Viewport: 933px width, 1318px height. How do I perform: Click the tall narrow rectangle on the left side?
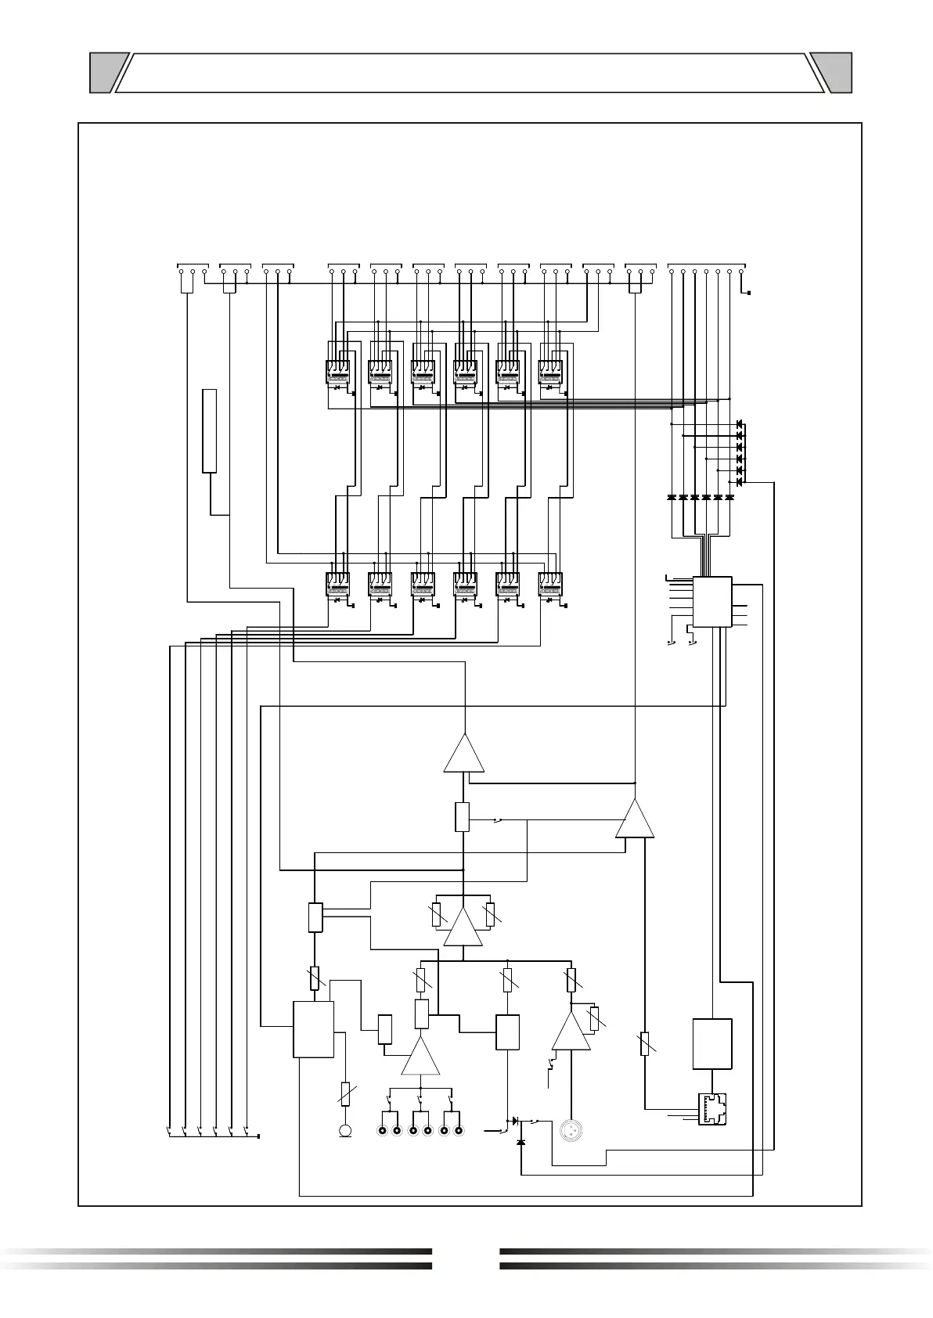[x=209, y=430]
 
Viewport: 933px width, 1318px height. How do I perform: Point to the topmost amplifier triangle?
[x=464, y=753]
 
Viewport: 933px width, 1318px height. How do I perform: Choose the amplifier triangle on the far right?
[x=635, y=819]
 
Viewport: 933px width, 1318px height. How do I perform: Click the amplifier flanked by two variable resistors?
[x=463, y=927]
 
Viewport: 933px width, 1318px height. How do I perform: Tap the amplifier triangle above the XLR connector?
[x=571, y=1032]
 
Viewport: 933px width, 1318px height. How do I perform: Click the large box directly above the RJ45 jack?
[x=712, y=1043]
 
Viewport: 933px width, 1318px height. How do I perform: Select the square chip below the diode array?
[x=712, y=601]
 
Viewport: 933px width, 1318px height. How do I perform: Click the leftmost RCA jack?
[x=383, y=1131]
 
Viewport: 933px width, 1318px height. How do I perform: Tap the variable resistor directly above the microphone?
[x=345, y=1093]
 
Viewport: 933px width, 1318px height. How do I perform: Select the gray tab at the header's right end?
[x=832, y=73]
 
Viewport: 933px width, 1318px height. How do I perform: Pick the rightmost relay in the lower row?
[x=551, y=585]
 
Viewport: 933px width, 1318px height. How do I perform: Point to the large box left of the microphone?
[x=313, y=1028]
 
